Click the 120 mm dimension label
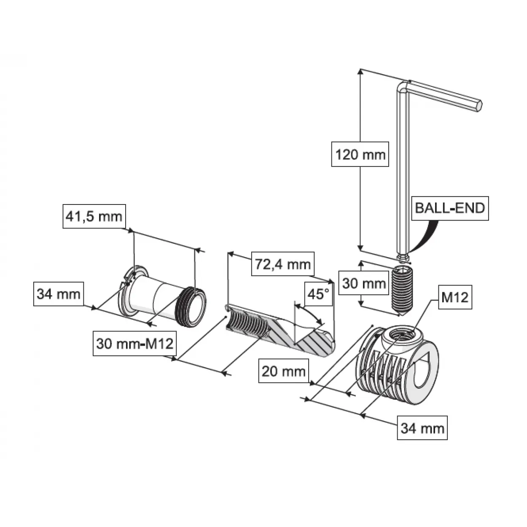(360, 154)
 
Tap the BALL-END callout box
(450, 208)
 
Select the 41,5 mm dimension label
(94, 216)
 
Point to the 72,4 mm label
(283, 264)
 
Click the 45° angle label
(319, 294)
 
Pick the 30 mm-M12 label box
(135, 344)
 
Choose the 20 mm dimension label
(284, 371)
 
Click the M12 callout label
(455, 297)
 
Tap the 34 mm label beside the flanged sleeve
(59, 294)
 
